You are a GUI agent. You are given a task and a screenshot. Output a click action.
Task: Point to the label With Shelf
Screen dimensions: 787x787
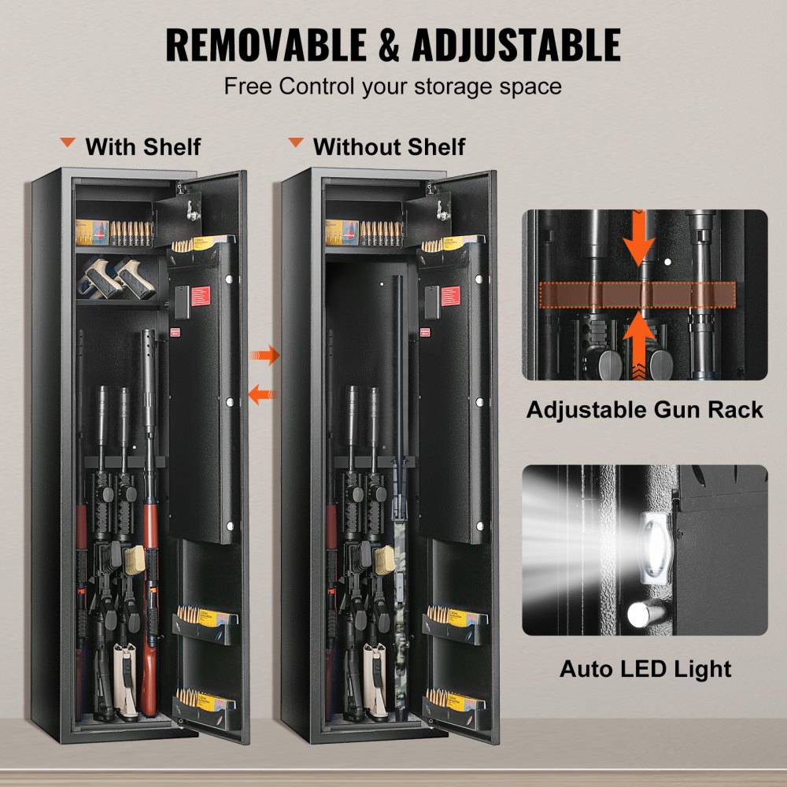142,146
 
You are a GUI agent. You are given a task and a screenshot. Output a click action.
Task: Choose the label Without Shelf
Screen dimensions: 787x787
389,146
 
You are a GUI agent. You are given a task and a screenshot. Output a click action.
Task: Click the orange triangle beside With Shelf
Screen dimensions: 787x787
68,143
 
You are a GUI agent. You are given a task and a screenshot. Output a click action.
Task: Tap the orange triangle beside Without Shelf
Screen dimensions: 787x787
296,143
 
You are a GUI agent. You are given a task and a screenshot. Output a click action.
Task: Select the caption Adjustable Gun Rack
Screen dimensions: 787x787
645,409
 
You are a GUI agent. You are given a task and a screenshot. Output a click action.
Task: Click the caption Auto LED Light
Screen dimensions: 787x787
645,669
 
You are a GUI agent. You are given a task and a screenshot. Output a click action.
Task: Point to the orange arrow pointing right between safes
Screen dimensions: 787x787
266,355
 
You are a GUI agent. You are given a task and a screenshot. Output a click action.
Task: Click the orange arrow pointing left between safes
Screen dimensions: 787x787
263,392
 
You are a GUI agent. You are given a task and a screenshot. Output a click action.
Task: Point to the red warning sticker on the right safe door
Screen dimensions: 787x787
452,297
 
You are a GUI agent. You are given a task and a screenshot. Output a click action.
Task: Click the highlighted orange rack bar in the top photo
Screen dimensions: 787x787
637,294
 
